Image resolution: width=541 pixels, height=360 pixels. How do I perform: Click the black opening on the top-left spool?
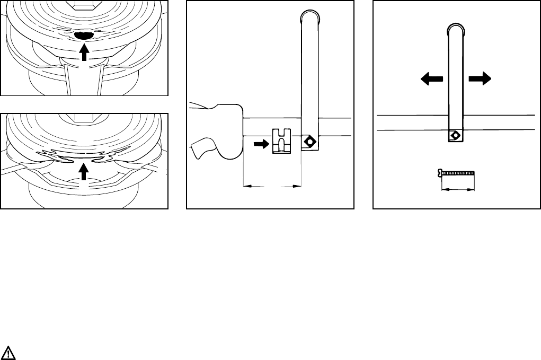(x=84, y=36)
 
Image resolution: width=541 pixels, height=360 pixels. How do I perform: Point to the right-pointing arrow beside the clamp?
(x=261, y=143)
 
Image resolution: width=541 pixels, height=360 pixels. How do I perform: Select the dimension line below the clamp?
(x=272, y=186)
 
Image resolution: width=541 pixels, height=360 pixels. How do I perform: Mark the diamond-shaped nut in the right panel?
(x=455, y=135)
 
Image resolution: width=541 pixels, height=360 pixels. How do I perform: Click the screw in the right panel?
(x=457, y=172)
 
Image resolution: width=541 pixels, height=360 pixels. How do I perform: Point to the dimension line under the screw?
(x=458, y=188)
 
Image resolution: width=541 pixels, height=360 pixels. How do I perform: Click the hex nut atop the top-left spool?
(x=84, y=4)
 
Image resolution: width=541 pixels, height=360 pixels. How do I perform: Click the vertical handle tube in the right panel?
(x=455, y=80)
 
